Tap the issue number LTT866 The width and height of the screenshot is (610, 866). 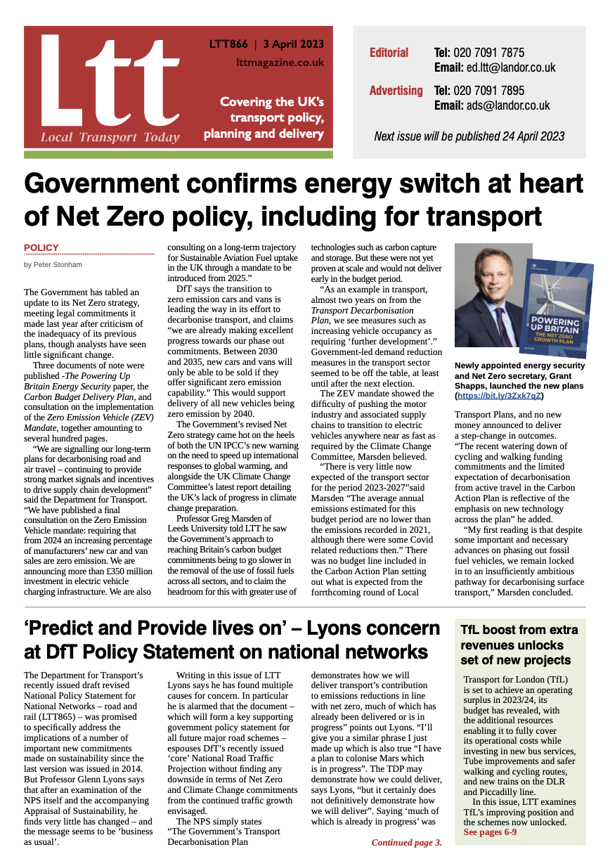click(228, 44)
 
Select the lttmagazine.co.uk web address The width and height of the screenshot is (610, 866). click(280, 63)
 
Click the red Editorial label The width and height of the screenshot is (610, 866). click(389, 53)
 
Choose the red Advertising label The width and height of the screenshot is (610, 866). click(396, 91)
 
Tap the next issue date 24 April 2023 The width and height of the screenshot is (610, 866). click(520, 136)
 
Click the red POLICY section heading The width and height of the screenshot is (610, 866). click(41, 247)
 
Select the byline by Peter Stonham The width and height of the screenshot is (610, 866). click(52, 264)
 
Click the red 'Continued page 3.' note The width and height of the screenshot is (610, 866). click(406, 842)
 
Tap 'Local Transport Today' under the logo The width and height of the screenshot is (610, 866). click(110, 138)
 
